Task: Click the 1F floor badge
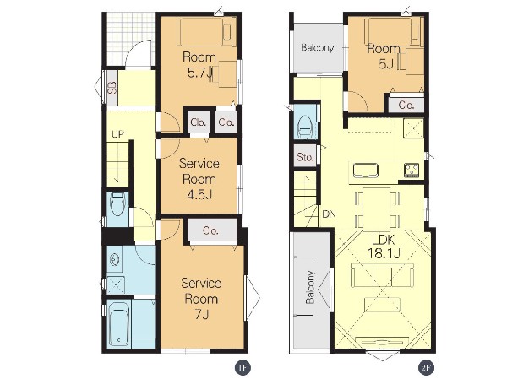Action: coord(243,368)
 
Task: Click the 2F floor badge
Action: coord(426,368)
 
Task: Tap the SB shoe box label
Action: coord(112,88)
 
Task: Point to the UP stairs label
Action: coord(117,134)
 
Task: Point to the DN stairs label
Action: coord(330,214)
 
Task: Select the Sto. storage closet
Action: coord(305,156)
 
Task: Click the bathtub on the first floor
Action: coord(118,323)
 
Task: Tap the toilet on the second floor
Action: coord(305,127)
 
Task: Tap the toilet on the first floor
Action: coord(117,204)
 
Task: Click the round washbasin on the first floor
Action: coord(114,259)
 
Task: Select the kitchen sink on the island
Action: coord(366,171)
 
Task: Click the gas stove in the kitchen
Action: coord(412,171)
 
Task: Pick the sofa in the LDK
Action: coord(382,275)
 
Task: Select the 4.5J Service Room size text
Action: coord(199,194)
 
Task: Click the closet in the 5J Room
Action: coord(406,105)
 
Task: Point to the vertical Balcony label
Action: coord(310,287)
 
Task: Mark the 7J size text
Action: coord(201,314)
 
